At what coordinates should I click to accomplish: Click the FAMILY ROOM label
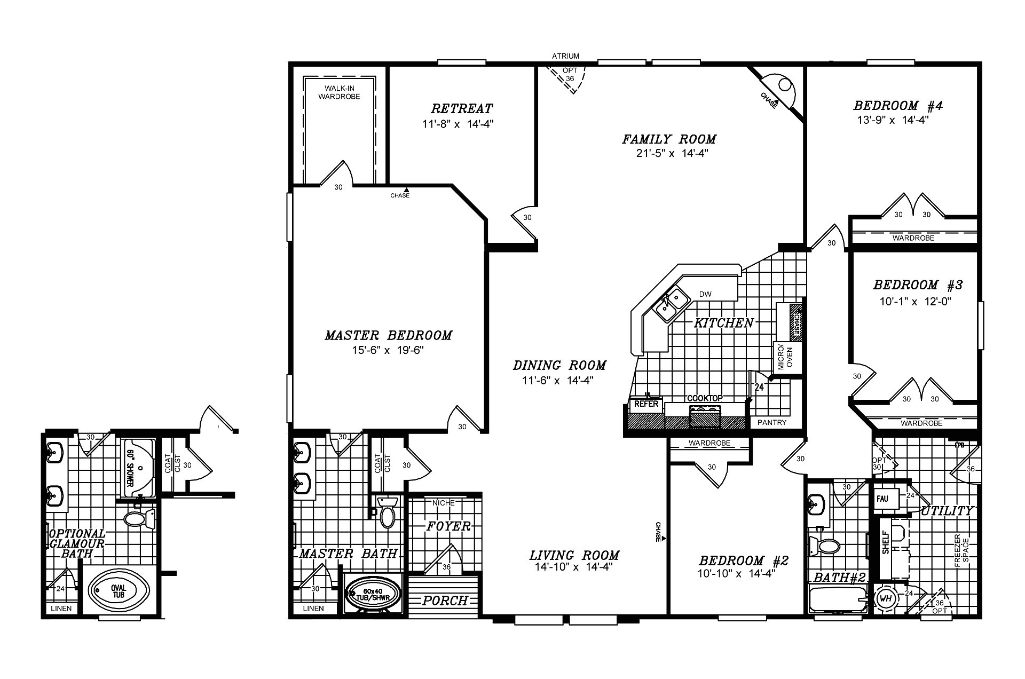[669, 139]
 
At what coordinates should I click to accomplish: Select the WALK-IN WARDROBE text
[339, 92]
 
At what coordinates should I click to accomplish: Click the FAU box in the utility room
[882, 499]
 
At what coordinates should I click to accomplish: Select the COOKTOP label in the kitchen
[705, 398]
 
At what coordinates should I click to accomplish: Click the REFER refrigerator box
[646, 404]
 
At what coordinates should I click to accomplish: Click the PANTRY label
[772, 422]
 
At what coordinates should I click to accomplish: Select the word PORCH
[445, 601]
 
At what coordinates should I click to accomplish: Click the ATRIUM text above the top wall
[565, 56]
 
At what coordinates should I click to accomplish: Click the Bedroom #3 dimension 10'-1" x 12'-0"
[915, 302]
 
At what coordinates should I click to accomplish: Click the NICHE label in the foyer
[444, 503]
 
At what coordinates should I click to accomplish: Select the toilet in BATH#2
[825, 546]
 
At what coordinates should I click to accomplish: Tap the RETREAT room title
[462, 109]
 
